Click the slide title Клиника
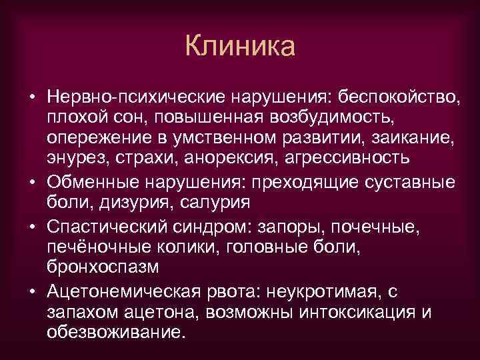pyautogui.click(x=240, y=47)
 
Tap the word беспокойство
pyautogui.click(x=399, y=98)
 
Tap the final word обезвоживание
pyautogui.click(x=114, y=332)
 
